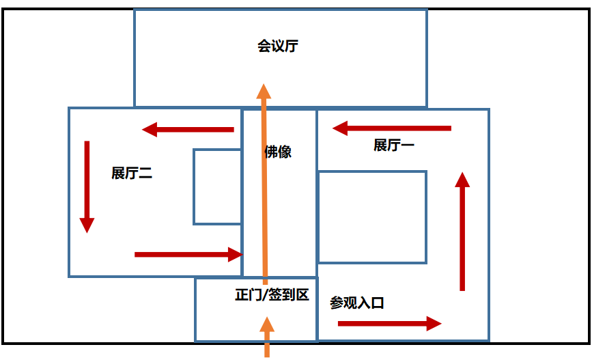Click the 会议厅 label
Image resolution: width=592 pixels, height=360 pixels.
tap(278, 46)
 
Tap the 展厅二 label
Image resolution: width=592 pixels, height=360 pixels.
tap(132, 173)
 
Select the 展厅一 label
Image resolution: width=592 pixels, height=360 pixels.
tap(394, 145)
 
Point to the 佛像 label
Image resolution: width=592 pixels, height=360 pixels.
tap(278, 152)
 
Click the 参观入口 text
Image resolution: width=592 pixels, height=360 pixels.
tap(357, 303)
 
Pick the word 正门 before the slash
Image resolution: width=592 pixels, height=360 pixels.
tap(249, 294)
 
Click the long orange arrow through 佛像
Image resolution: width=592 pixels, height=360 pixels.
tap(264, 184)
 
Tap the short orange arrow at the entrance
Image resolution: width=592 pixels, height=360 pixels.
tap(267, 337)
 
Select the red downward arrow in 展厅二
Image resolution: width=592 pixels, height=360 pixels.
tap(87, 187)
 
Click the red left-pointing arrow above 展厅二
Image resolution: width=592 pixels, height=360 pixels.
tap(188, 130)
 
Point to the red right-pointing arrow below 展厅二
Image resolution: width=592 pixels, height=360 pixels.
tap(188, 255)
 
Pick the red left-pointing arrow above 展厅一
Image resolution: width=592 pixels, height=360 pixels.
tap(391, 128)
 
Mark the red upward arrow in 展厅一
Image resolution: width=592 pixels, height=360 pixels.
tap(462, 231)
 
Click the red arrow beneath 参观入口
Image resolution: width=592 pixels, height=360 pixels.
tap(390, 323)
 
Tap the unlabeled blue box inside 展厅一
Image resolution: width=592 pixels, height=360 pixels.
tap(373, 172)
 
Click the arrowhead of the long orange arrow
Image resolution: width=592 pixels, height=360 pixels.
tap(264, 91)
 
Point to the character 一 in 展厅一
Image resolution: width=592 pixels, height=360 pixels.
tap(408, 145)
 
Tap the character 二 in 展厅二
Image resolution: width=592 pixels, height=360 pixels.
tap(145, 174)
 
